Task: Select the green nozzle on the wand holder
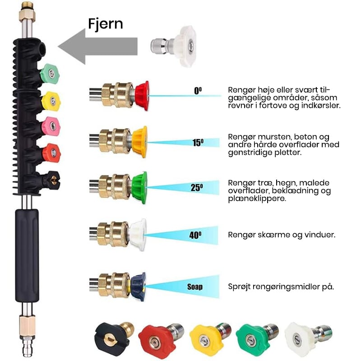(50, 74)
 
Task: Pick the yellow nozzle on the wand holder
(51, 101)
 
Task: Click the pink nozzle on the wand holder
(51, 126)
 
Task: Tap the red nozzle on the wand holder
(51, 153)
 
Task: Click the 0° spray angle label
(198, 91)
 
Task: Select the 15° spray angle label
(198, 143)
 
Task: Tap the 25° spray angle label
(197, 188)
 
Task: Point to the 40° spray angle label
(195, 235)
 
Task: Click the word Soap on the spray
(195, 286)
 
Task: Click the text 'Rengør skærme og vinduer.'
(282, 235)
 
